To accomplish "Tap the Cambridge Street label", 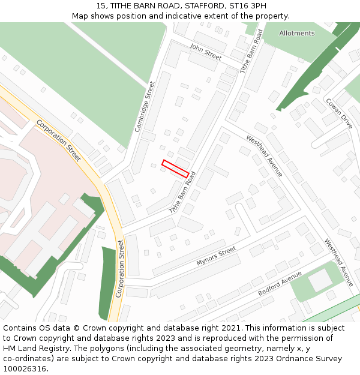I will tap(145, 107).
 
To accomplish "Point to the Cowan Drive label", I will tap(339, 113).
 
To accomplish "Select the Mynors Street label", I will tap(216, 256).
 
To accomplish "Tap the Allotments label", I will tap(296, 34).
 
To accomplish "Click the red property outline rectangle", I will tap(175, 168).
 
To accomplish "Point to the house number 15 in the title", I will tap(101, 6).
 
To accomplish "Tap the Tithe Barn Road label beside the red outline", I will tap(182, 193).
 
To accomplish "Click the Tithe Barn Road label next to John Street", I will tap(251, 52).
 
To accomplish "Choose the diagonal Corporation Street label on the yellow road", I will tap(58, 140).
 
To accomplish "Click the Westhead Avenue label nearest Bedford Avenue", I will tap(339, 262).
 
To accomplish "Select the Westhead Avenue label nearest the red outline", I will tap(264, 155).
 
